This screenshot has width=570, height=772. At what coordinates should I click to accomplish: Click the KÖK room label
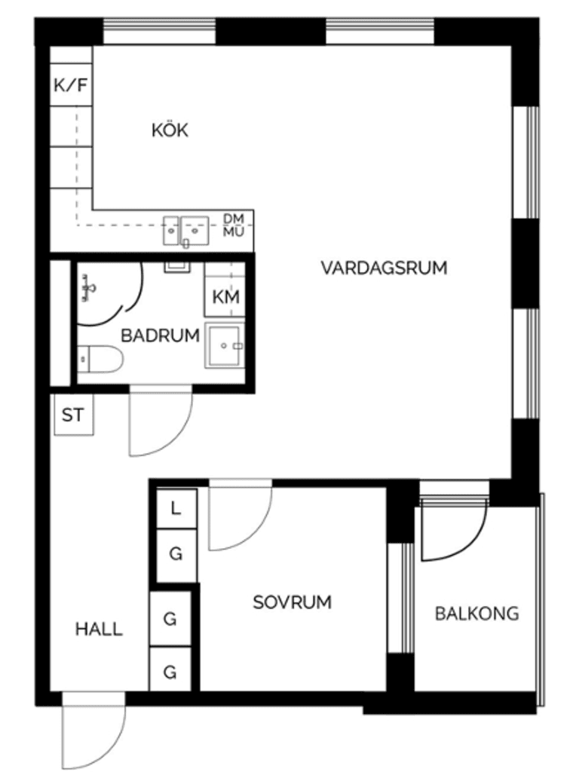click(x=170, y=130)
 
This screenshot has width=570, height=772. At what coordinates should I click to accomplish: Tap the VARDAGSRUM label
click(x=384, y=268)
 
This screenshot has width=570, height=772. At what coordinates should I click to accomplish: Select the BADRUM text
click(x=160, y=335)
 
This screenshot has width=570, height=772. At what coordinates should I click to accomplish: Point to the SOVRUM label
click(x=292, y=602)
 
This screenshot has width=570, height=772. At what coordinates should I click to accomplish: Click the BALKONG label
click(x=477, y=614)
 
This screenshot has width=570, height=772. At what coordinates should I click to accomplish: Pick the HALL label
click(x=99, y=630)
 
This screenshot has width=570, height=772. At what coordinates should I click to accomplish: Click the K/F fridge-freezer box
click(x=72, y=84)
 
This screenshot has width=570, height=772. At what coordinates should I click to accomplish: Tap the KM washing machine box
click(x=225, y=296)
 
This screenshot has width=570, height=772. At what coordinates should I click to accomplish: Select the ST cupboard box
click(x=73, y=415)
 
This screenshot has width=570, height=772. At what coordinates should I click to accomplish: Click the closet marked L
click(x=176, y=508)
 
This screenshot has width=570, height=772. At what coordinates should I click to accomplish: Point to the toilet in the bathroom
click(x=100, y=359)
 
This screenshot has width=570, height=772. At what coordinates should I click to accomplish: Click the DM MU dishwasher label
click(x=233, y=225)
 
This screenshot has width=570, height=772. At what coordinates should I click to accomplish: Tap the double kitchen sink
click(x=186, y=231)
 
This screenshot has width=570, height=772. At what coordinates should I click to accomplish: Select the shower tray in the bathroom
click(x=225, y=345)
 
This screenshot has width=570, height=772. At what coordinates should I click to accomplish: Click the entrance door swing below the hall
click(x=94, y=730)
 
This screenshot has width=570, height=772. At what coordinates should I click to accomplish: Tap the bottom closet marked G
click(x=170, y=670)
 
